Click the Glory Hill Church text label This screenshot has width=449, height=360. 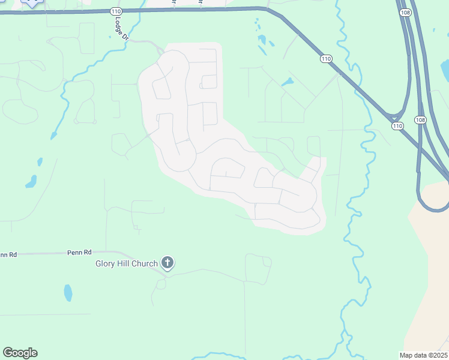(127, 263)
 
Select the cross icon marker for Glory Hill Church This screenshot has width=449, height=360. (167, 263)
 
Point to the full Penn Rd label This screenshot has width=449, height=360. (79, 252)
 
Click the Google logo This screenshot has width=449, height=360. (20, 353)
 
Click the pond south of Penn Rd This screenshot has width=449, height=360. (68, 293)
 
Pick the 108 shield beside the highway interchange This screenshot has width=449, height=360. (420, 120)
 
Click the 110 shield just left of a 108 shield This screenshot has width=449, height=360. (397, 126)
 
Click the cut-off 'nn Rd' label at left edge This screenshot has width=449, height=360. (8, 255)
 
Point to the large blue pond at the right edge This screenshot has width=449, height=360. (444, 71)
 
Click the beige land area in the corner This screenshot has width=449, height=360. (429, 270)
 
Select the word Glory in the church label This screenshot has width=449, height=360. (105, 263)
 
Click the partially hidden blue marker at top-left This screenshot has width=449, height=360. (32, 2)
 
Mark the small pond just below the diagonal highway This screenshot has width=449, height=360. (287, 82)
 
